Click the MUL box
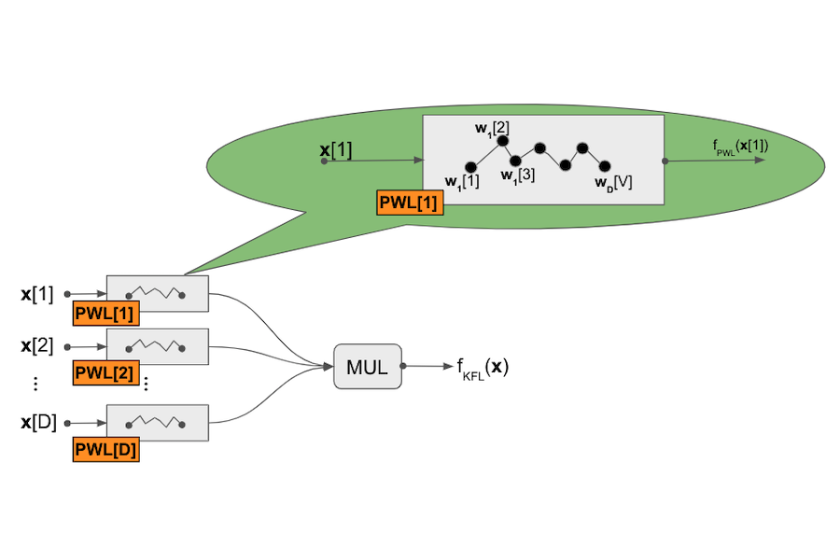pos(368,366)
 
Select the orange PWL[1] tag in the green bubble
pos(410,202)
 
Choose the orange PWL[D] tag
pos(105,451)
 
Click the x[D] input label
pos(38,422)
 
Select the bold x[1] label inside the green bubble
pos(336,150)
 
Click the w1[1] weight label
pos(462,181)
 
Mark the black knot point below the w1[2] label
pos(501,141)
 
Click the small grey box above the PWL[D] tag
pos(157,422)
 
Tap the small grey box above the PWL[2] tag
pos(157,345)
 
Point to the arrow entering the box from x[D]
pos(87,422)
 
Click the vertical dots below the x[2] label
pos(35,384)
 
